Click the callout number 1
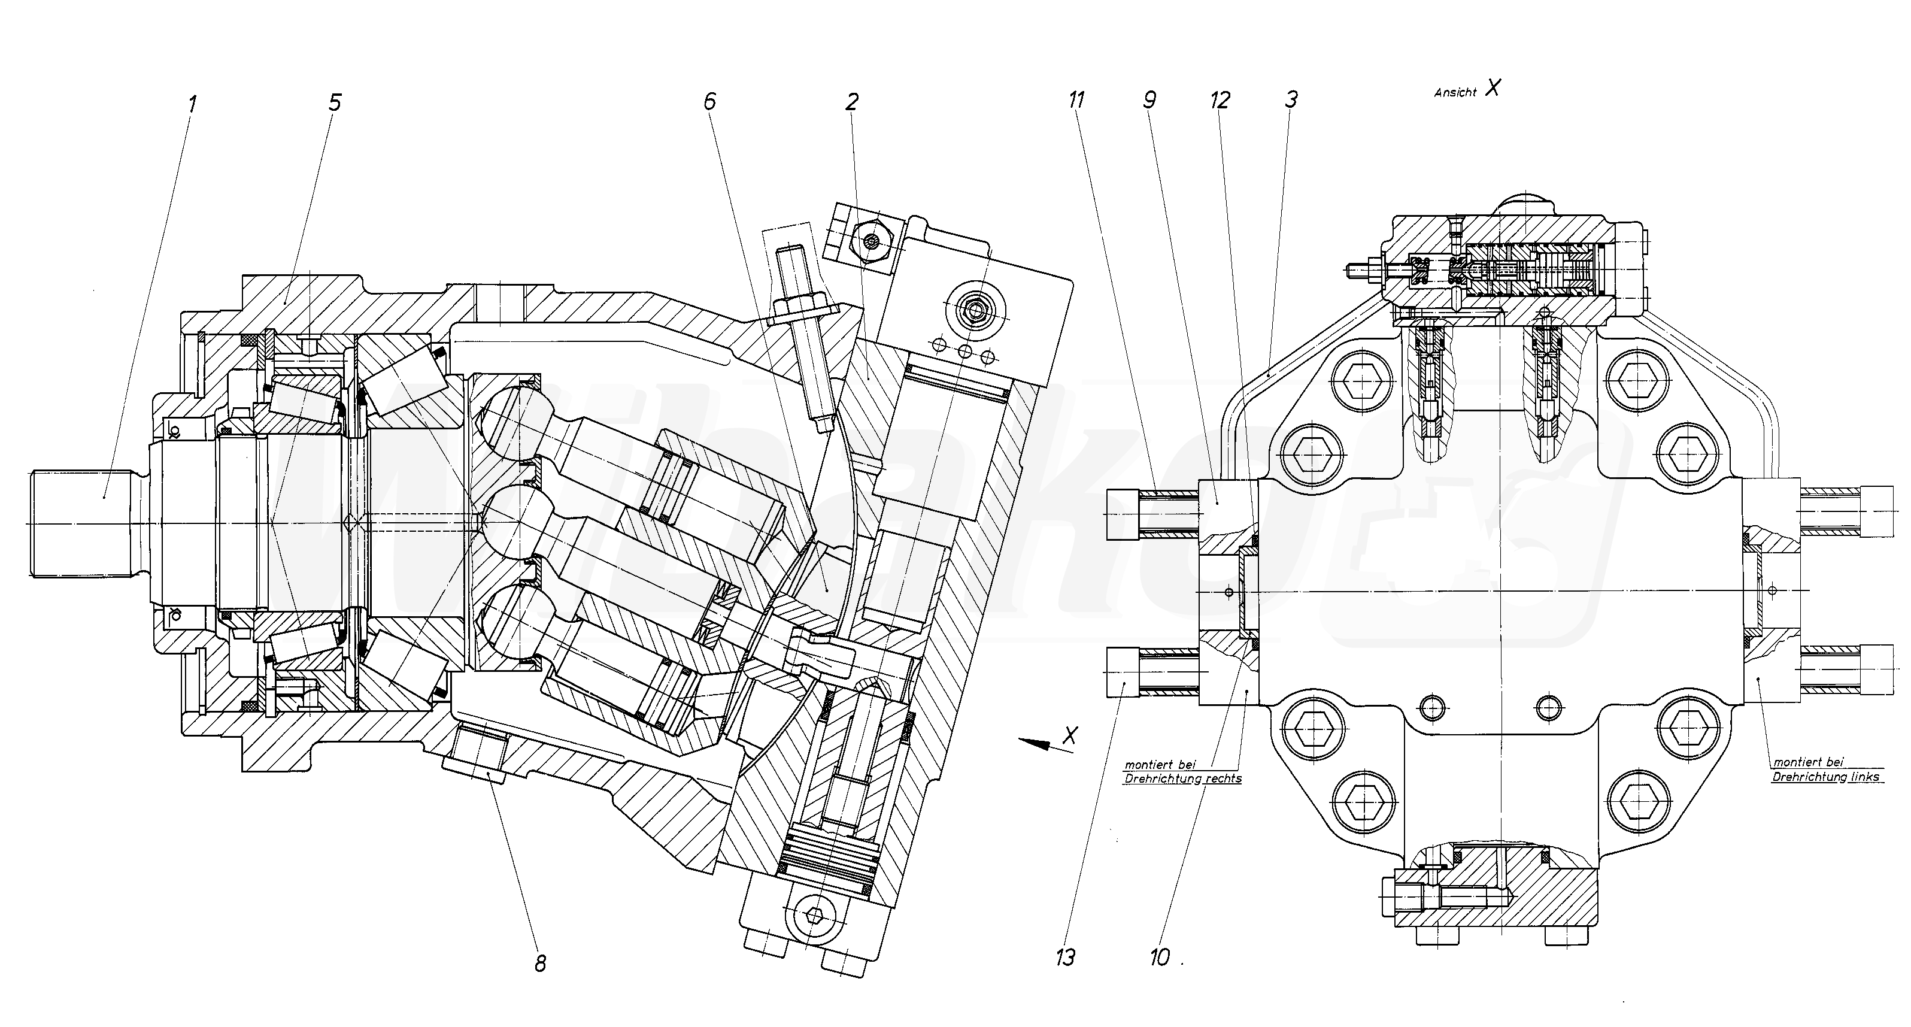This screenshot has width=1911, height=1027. pos(193,103)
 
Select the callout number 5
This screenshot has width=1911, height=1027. pos(335,102)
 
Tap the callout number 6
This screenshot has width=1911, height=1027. pos(710,101)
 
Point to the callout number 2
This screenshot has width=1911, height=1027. pos(852,101)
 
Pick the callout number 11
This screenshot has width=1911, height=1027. pos(1076,99)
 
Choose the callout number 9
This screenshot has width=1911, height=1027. pos(1149,99)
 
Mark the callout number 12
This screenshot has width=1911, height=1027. pos(1220,99)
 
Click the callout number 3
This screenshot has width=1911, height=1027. pos(1291,99)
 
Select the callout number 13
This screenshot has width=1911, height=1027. pos(1065,958)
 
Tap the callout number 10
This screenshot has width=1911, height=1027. pos(1160,958)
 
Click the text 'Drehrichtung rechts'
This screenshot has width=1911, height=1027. pos(1182,779)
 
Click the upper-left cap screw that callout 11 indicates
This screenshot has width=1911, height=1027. pos(1123,514)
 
